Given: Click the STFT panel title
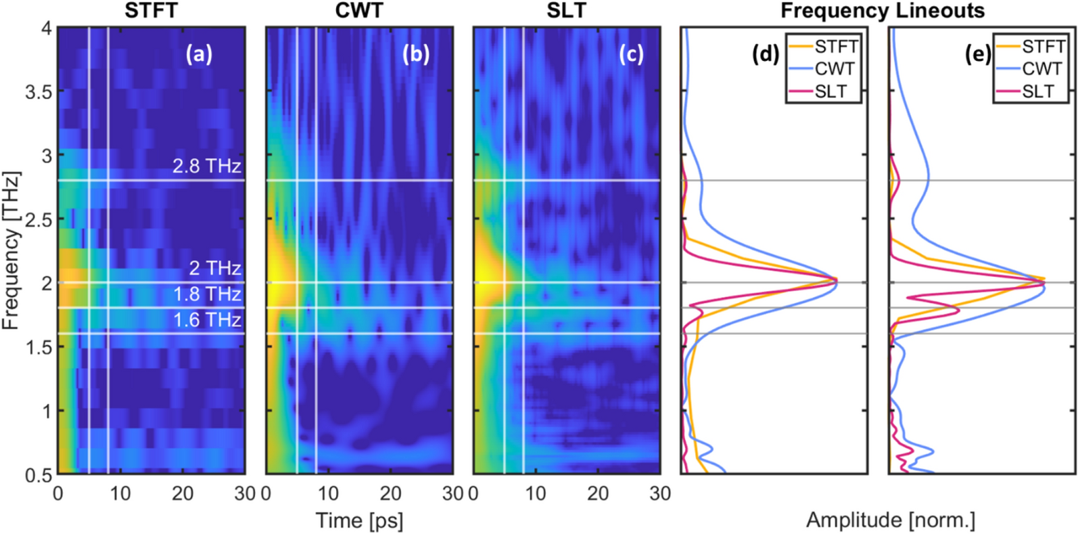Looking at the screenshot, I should [151, 11].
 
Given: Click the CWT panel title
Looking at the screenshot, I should [359, 11].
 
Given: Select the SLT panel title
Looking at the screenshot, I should [566, 11].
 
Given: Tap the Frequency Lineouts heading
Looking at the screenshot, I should [882, 11].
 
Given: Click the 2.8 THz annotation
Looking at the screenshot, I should [206, 166].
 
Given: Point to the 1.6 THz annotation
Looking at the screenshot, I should [206, 319].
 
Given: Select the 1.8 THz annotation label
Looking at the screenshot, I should [206, 294].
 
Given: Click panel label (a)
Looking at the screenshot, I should [199, 55].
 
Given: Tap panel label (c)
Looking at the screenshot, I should [630, 55].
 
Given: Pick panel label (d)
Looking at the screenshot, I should [766, 55].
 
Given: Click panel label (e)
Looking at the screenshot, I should [977, 55].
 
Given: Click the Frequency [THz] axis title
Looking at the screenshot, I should [11, 250].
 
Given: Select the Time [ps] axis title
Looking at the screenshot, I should [359, 520].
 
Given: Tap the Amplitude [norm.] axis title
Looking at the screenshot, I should [890, 520].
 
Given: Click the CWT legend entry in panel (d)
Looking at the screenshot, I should [835, 69].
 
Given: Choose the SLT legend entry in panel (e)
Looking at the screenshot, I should [1038, 91].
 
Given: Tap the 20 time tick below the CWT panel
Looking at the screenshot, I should [391, 493].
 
